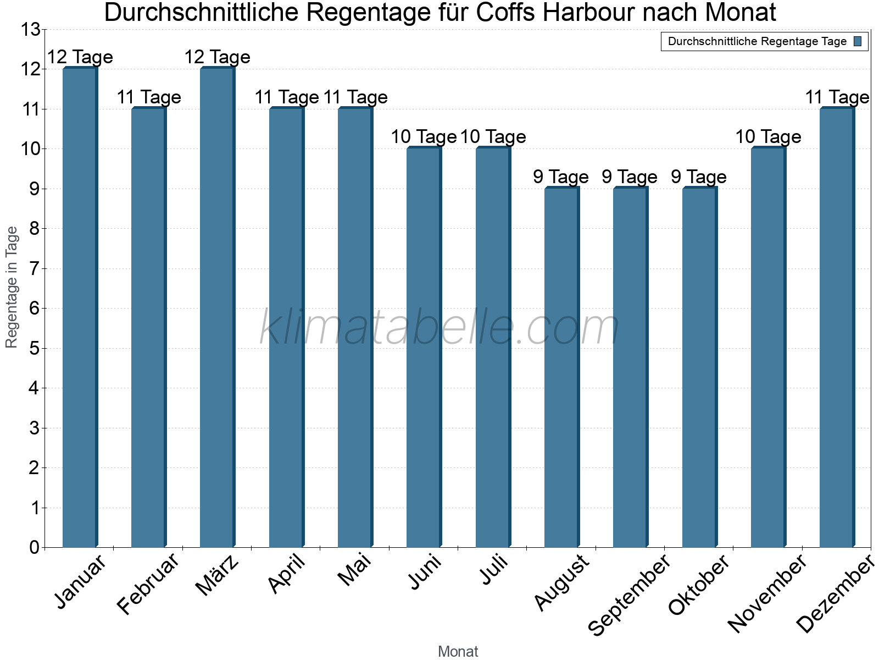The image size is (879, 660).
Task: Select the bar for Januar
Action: (80, 307)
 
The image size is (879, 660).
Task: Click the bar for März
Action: (218, 307)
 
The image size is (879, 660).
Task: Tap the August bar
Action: (562, 367)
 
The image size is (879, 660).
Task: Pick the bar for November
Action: (769, 347)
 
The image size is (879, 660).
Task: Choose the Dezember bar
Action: (837, 327)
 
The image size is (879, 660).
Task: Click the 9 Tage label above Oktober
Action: (699, 177)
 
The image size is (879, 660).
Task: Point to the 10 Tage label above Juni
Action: (424, 137)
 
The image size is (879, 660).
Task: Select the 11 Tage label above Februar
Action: (149, 97)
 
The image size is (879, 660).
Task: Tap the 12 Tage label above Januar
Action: (80, 57)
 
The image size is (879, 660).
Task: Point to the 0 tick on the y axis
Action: (35, 547)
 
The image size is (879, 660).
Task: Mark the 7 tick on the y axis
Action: (35, 268)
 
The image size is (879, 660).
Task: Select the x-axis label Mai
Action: (355, 570)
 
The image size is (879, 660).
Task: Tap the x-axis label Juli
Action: (494, 569)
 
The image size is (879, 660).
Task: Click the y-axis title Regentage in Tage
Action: (11, 287)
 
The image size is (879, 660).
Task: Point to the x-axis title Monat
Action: (458, 652)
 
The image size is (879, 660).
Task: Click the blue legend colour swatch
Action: (858, 41)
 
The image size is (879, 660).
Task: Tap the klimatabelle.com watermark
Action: (439, 327)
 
